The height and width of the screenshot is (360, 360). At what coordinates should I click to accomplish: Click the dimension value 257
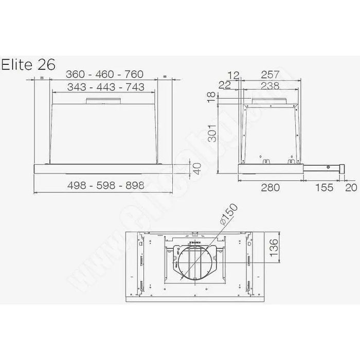click(x=271, y=75)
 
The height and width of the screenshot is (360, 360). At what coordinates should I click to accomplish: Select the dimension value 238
click(x=271, y=86)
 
